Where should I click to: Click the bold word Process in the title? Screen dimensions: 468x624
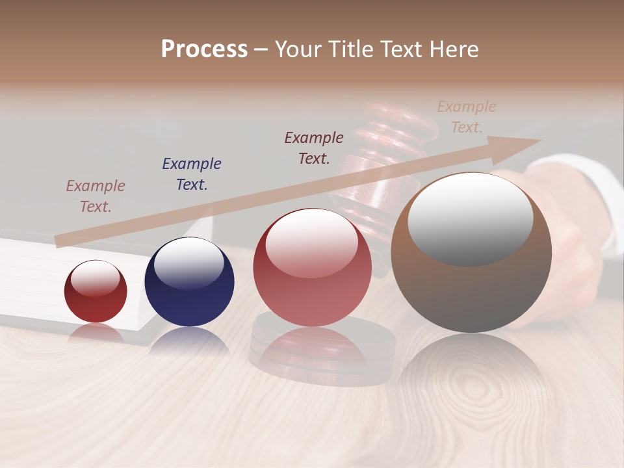click(x=204, y=49)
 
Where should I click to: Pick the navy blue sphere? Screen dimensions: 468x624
click(x=189, y=283)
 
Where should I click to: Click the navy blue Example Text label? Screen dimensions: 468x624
click(x=192, y=174)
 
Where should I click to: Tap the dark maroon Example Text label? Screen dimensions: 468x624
click(x=314, y=148)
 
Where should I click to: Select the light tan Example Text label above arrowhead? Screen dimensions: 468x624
click(x=467, y=116)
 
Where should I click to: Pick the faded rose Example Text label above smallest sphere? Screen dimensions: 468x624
click(x=96, y=196)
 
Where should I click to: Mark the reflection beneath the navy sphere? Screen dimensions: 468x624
click(x=189, y=341)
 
